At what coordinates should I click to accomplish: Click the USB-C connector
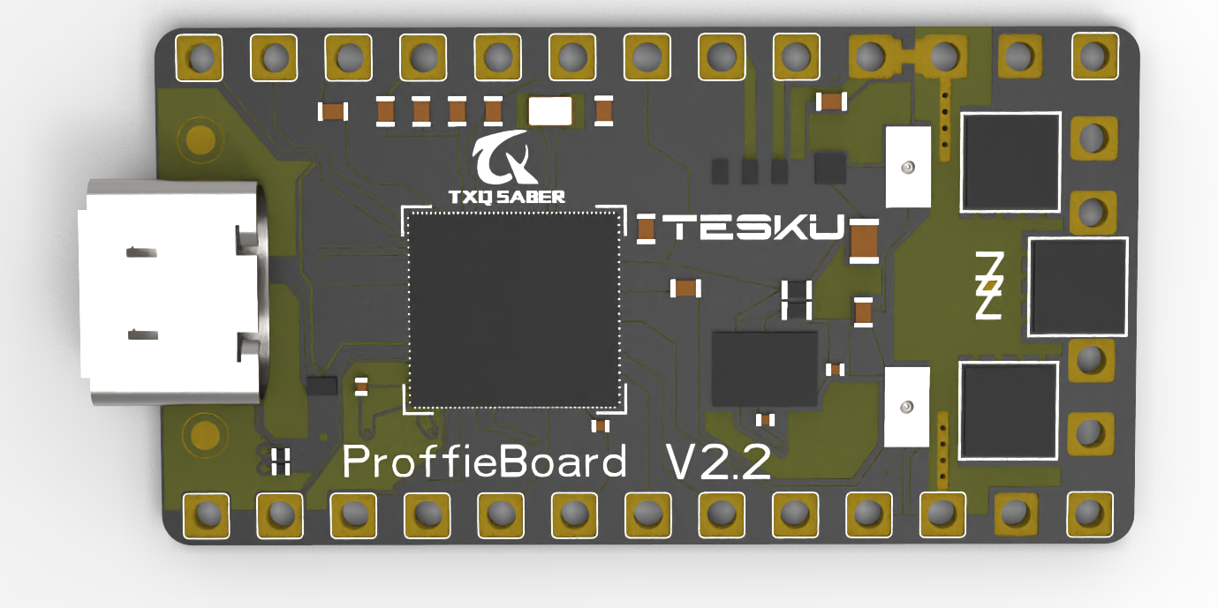click(172, 291)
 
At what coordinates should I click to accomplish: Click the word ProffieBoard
click(484, 462)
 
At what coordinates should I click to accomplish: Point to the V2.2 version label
click(717, 462)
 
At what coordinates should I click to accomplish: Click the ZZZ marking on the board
click(988, 286)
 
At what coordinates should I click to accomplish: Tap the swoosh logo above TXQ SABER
click(502, 159)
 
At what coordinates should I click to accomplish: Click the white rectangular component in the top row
click(549, 111)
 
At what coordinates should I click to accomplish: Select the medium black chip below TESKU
click(764, 368)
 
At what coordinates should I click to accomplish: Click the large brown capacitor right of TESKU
click(863, 241)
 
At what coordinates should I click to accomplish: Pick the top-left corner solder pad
click(200, 57)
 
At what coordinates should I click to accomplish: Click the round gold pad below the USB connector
click(200, 435)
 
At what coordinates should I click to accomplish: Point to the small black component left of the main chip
click(322, 385)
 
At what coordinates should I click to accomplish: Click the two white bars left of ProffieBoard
click(282, 461)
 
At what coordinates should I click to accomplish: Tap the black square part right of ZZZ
click(1078, 287)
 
